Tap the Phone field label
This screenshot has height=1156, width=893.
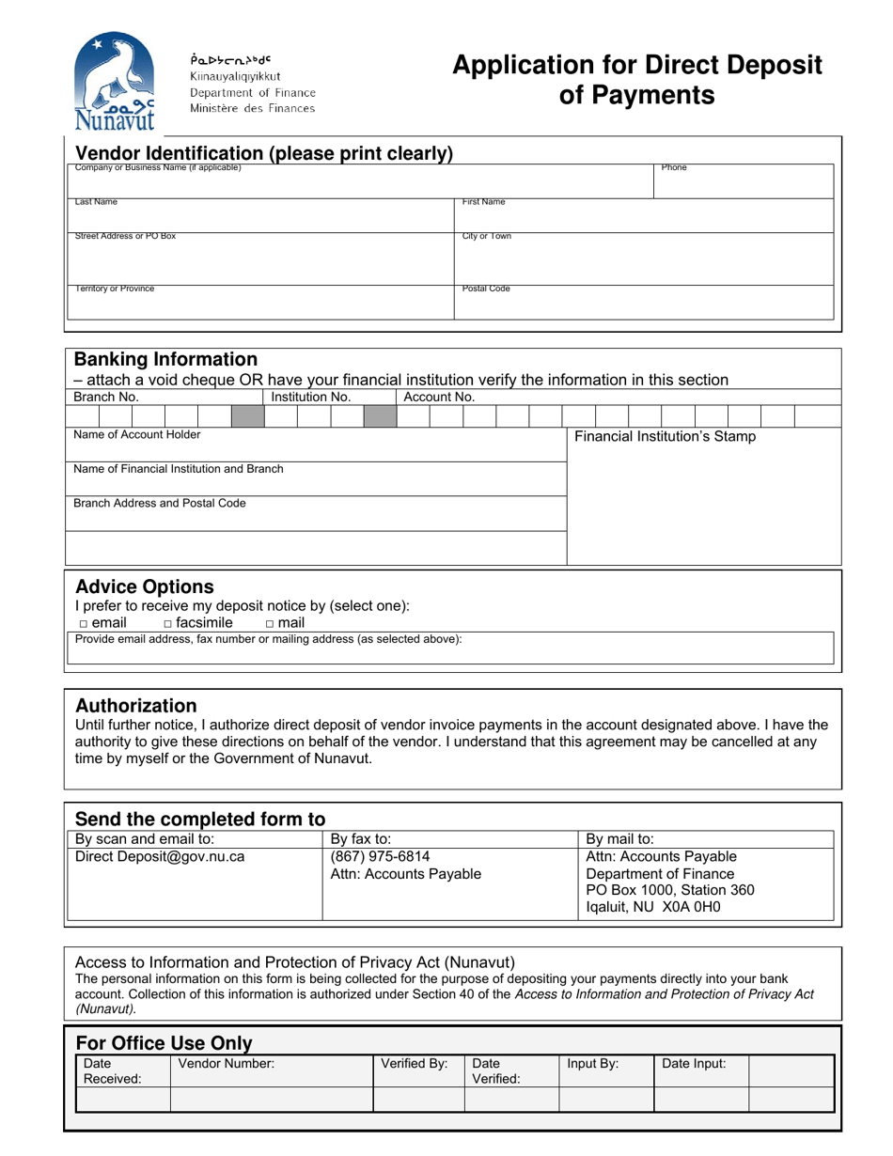point(674,168)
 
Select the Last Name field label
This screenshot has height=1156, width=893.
point(97,202)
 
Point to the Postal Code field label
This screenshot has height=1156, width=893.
point(486,289)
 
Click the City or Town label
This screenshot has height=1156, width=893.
point(487,237)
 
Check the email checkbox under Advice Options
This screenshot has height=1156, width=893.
point(83,623)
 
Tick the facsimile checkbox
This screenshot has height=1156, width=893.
point(168,623)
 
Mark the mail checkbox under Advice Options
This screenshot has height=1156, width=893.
point(270,623)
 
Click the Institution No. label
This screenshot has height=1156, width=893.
point(310,398)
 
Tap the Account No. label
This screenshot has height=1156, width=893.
point(439,398)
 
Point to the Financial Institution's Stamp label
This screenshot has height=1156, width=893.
point(665,437)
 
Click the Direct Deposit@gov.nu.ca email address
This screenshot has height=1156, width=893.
point(160,857)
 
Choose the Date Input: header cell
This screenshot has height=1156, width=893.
point(695,1064)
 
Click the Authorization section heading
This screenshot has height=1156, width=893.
point(135,706)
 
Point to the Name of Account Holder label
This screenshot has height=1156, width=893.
point(137,435)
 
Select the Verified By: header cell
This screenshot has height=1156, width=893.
point(415,1064)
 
